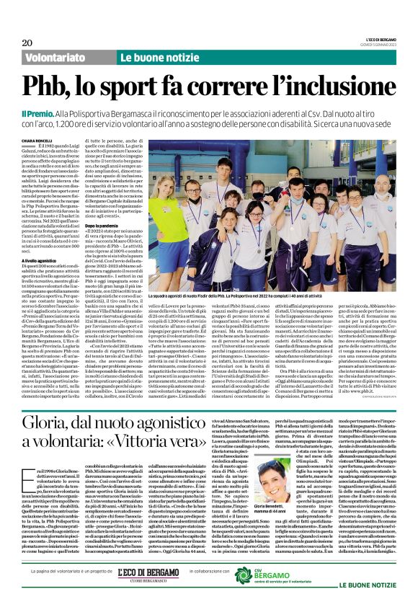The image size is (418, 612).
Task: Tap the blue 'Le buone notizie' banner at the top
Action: [x=151, y=56]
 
